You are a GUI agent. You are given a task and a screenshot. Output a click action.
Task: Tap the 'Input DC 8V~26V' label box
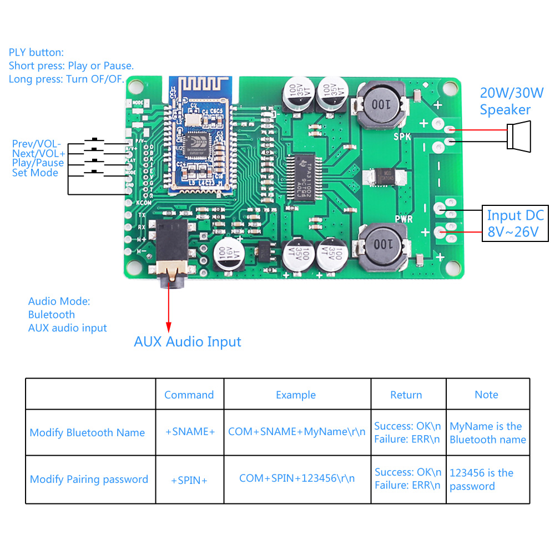[x=515, y=223]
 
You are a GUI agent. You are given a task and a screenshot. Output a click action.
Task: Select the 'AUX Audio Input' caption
[x=188, y=341]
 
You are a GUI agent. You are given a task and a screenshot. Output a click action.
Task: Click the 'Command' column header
[x=189, y=395]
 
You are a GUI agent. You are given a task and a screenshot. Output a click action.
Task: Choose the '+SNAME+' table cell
[x=189, y=432]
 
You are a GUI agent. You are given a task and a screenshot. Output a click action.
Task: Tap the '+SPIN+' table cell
[x=189, y=480]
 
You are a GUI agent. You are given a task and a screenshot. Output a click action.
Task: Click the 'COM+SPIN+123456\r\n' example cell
[x=297, y=478]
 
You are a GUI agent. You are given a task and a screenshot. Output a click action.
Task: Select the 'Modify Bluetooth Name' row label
[x=87, y=433]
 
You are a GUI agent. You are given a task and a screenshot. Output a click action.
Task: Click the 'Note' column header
[x=486, y=395]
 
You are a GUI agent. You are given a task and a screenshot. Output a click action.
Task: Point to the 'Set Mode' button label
[x=35, y=173]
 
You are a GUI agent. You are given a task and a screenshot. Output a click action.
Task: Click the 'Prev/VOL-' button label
[x=37, y=144]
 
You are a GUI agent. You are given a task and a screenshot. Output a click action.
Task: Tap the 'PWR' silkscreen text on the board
[x=403, y=219]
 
